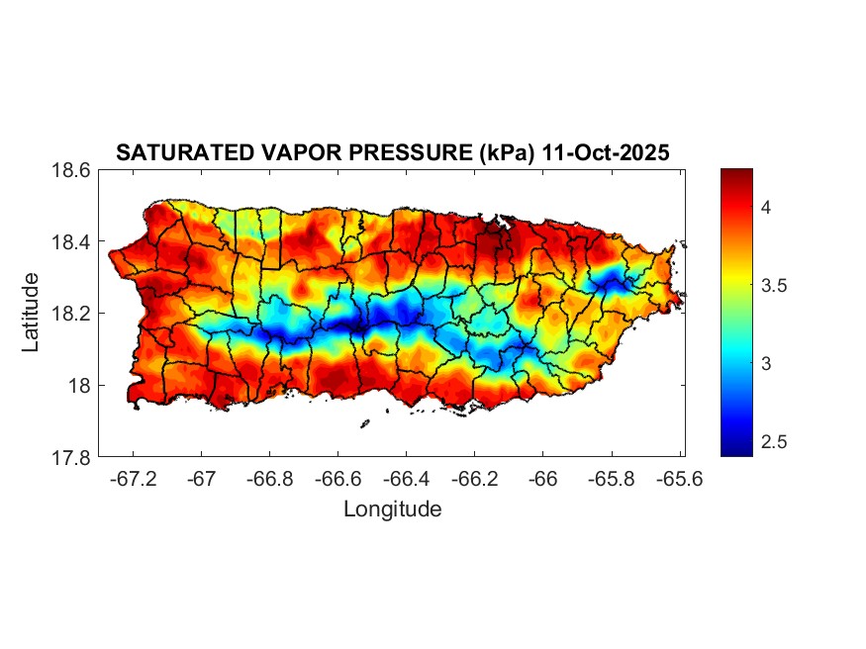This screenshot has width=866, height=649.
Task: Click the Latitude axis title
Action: point(31,313)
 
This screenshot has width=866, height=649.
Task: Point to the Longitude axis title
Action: point(392,510)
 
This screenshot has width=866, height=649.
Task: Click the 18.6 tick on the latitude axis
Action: point(71,170)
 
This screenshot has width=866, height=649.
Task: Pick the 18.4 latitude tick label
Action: point(71,242)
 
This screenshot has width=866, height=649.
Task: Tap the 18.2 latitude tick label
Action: point(71,314)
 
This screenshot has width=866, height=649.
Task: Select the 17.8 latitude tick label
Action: point(71,457)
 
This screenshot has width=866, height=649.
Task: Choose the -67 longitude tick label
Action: point(202,479)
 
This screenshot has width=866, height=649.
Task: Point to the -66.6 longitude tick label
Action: point(337,479)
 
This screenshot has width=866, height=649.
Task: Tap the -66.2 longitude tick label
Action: point(474,479)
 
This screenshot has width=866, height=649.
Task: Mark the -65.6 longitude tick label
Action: point(678,479)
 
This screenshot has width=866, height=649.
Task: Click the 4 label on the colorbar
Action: point(765,207)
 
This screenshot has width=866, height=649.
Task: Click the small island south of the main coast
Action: point(364,423)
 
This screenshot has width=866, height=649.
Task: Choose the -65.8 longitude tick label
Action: point(611,479)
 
